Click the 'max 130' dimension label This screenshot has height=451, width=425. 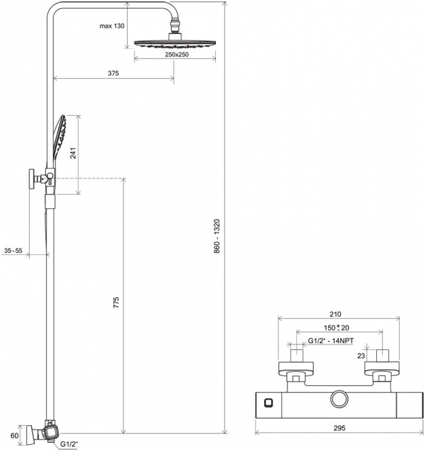[112, 26]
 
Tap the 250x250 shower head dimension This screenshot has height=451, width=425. [177, 54]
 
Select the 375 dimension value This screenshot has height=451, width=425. [113, 73]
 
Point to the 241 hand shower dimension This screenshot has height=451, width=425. [73, 153]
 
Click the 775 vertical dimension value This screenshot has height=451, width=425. [115, 302]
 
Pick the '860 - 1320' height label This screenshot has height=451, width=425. [217, 236]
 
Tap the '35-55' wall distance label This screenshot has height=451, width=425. [14, 250]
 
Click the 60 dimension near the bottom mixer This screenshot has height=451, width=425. [14, 436]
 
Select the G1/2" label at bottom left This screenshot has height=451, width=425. [69, 444]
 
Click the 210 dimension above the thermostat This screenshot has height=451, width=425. [335, 314]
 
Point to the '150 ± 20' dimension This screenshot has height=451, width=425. [336, 328]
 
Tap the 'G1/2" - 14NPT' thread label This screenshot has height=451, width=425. [331, 341]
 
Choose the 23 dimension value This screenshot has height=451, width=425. [361, 356]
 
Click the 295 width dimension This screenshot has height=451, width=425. [339, 428]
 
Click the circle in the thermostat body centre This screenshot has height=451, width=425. [339, 399]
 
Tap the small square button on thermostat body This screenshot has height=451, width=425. [269, 403]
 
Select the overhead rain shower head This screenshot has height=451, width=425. [175, 44]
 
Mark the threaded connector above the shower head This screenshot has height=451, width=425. [175, 26]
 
